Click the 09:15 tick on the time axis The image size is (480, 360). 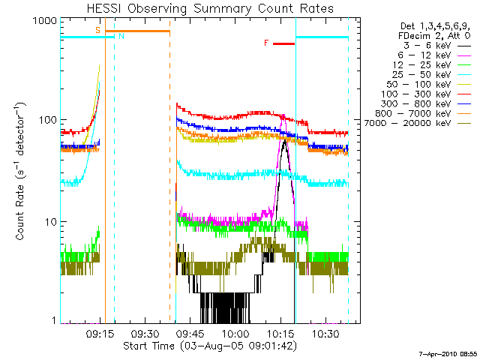100,332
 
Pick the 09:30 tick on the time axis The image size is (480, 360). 144,332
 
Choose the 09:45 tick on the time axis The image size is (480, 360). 190,332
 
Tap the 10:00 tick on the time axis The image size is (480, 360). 235,332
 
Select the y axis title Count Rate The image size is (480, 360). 20,172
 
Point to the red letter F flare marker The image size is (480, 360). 265,43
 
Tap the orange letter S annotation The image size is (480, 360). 97,30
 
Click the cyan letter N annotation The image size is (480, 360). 121,36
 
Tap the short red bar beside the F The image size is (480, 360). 283,44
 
